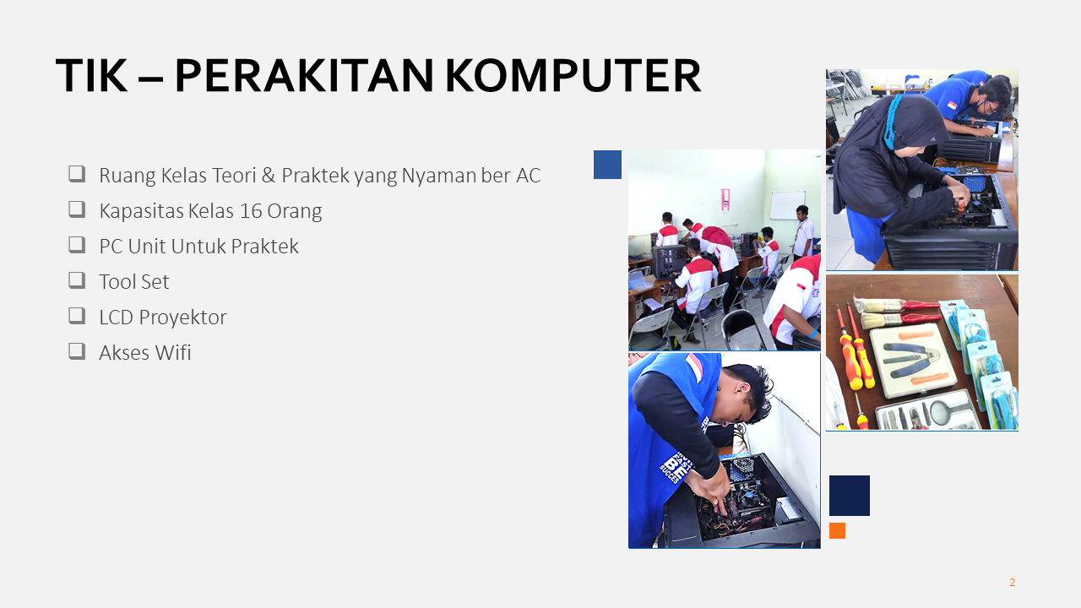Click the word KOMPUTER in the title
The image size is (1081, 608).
pyautogui.click(x=573, y=76)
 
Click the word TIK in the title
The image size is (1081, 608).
pyautogui.click(x=92, y=76)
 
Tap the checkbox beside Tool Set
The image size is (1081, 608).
pyautogui.click(x=77, y=280)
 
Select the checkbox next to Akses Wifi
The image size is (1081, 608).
pyautogui.click(x=77, y=351)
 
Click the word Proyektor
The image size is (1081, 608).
pyautogui.click(x=182, y=318)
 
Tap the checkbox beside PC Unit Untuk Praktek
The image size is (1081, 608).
pyautogui.click(x=77, y=245)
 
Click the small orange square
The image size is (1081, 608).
pyautogui.click(x=837, y=531)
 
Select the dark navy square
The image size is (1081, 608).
pyautogui.click(x=850, y=496)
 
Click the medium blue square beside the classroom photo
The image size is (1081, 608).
pyautogui.click(x=607, y=165)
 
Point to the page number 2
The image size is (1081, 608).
pyautogui.click(x=1012, y=583)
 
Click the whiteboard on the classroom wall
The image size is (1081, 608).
pyautogui.click(x=787, y=205)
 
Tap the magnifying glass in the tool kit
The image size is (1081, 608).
pyautogui.click(x=941, y=413)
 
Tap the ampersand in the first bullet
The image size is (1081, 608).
pyautogui.click(x=269, y=175)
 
